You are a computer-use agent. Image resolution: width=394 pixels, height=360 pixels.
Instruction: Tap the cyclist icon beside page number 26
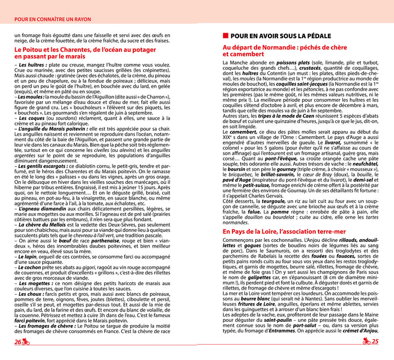[x=26, y=341]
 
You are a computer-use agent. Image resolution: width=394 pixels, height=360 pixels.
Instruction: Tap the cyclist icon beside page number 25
[x=366, y=341]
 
